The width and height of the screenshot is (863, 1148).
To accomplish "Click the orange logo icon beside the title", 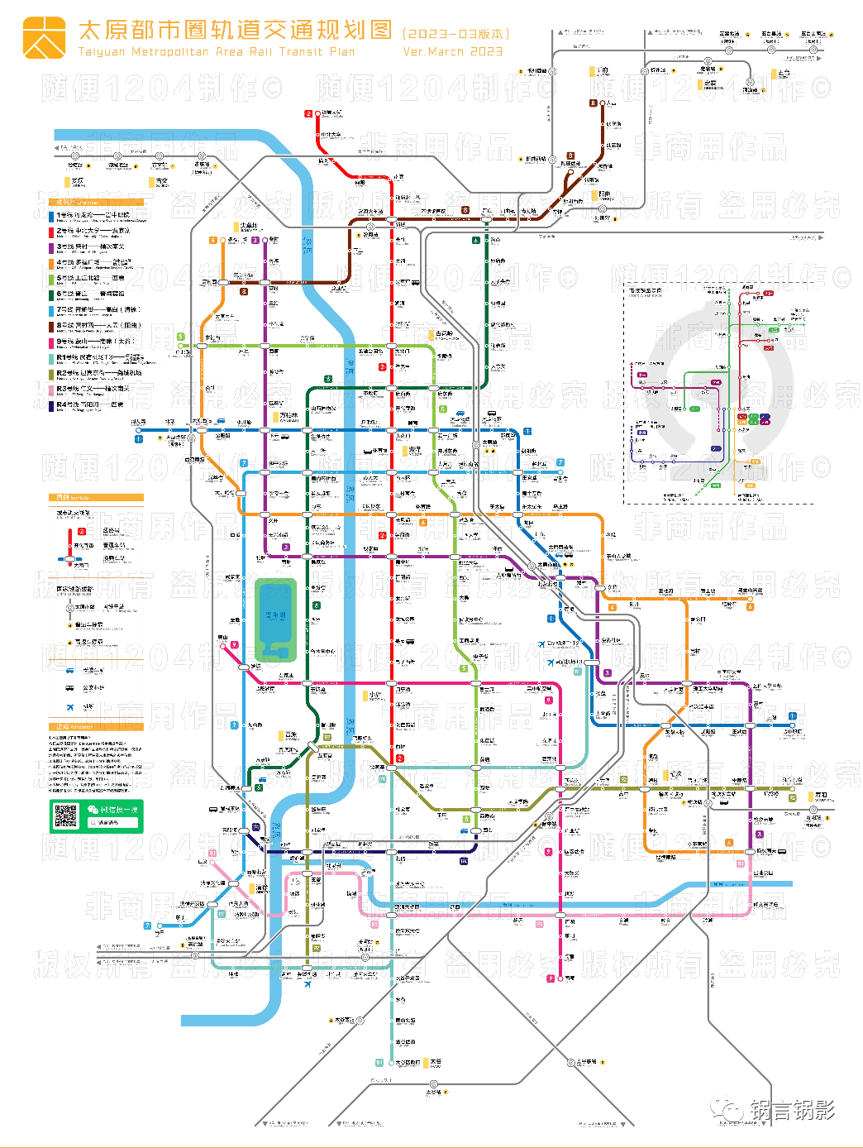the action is click(x=44, y=38).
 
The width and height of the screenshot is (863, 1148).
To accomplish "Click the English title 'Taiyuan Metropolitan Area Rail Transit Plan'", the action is click(x=217, y=52).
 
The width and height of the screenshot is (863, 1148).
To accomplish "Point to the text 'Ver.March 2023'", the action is click(x=452, y=52).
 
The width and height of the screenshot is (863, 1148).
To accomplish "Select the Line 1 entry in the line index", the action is click(x=91, y=217).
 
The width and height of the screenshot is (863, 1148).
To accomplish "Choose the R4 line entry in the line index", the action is click(x=91, y=405).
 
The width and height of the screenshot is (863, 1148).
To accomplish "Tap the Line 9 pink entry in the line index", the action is click(x=91, y=342).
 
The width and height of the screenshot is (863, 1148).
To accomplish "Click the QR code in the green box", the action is click(x=65, y=816).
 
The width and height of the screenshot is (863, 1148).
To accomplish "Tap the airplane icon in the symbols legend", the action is click(x=70, y=706).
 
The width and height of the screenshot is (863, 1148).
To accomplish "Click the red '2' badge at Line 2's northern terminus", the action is click(x=308, y=113).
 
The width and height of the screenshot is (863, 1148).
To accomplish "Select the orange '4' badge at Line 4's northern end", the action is click(x=213, y=240).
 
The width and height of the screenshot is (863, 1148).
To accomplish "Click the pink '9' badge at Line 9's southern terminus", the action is click(x=551, y=978).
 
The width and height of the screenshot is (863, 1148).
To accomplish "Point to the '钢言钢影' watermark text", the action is click(x=792, y=1110).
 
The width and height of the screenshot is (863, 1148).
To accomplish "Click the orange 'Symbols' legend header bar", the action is click(x=96, y=498).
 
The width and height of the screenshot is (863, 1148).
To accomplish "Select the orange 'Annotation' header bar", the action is click(x=96, y=727).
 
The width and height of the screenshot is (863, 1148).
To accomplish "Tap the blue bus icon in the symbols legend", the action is click(x=70, y=688).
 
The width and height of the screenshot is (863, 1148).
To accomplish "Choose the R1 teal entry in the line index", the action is click(x=91, y=358).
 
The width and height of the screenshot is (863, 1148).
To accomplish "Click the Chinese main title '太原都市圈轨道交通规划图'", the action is click(x=235, y=31).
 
